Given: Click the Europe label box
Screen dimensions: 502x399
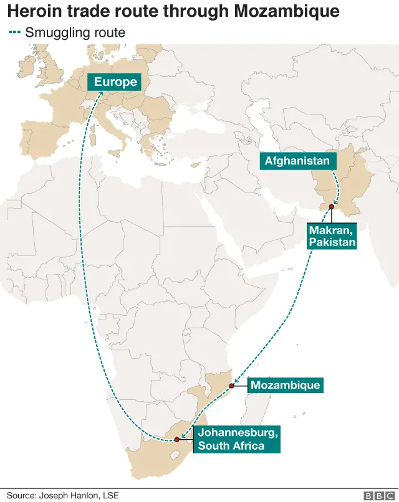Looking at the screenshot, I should (x=115, y=82).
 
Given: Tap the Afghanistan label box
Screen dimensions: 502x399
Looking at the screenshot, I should (x=297, y=161).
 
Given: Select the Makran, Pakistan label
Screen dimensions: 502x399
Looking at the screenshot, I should (x=332, y=236).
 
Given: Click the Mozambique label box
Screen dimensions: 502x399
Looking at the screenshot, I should (x=286, y=386).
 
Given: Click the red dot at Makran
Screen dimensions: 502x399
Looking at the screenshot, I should (x=331, y=207).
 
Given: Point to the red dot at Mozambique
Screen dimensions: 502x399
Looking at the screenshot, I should (x=231, y=386).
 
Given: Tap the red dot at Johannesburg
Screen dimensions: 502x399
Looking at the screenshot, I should (x=177, y=440).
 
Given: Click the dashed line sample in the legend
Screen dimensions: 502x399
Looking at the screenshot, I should (x=14, y=33).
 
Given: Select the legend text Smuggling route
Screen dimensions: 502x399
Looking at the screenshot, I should (x=75, y=33).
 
